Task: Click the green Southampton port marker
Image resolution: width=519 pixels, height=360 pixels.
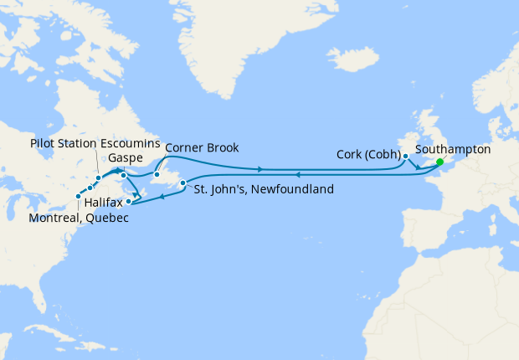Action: pos(439,162)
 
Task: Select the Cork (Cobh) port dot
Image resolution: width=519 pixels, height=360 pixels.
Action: pos(405,156)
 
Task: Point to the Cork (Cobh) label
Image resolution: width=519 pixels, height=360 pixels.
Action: pos(366,155)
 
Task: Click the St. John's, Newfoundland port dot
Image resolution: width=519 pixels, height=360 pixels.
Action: pos(182,182)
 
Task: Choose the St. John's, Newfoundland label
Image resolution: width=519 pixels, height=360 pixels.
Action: pos(264,189)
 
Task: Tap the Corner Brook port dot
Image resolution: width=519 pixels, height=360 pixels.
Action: pos(156,175)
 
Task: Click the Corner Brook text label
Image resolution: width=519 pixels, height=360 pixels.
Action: pos(202,148)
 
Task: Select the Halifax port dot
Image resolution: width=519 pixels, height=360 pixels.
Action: pos(128,201)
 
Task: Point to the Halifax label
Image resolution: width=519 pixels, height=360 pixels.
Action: pos(104,203)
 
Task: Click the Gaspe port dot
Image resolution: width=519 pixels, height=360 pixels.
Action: pos(123,176)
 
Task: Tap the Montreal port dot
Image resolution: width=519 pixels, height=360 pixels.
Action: pos(79,197)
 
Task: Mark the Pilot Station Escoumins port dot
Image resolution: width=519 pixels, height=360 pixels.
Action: pos(98,178)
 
